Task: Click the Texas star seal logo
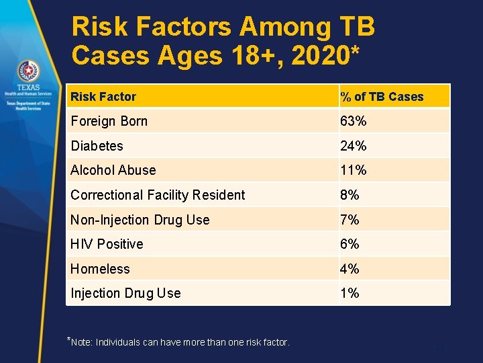pos(28,71)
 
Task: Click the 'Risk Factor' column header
pos(103,97)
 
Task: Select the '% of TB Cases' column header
pos(382,97)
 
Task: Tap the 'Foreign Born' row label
pos(109,122)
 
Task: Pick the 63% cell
pos(354,122)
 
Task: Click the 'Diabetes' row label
pos(97,146)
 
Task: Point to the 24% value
pos(354,146)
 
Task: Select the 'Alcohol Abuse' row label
pos(113,171)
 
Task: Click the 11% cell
pos(354,171)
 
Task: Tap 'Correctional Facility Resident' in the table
pos(158,195)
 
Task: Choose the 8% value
pos(350,195)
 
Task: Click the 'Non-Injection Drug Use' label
pos(140,220)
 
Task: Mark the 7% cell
pos(350,220)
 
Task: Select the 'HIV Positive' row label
pos(107,244)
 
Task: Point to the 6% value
pos(350,244)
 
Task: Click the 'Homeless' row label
pos(100,269)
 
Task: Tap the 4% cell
pos(350,269)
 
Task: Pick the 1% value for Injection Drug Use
pos(350,293)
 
